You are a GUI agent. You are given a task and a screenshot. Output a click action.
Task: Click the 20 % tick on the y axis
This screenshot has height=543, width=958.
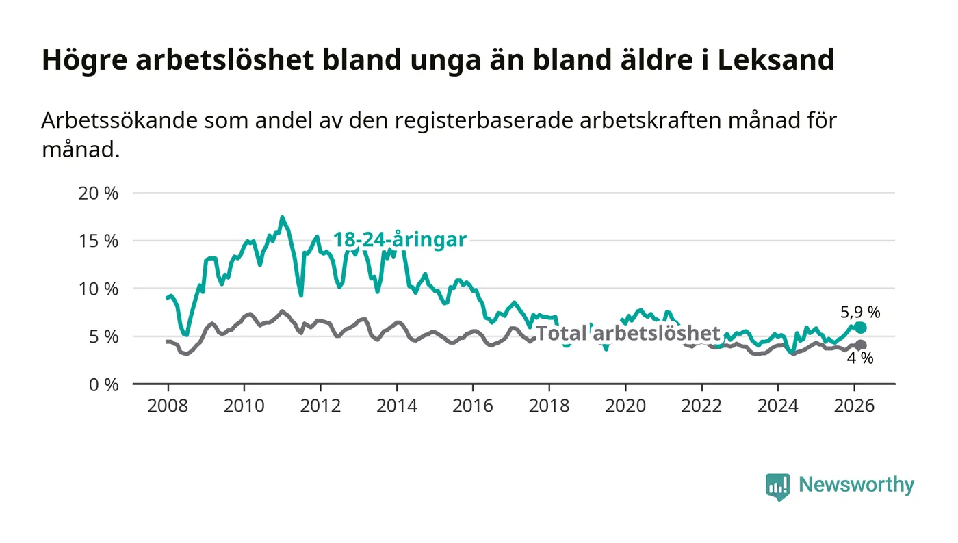coord(100,193)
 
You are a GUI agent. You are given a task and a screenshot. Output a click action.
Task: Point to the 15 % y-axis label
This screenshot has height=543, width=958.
coord(100,241)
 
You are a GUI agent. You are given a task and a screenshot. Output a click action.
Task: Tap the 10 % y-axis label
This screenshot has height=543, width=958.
coord(100,289)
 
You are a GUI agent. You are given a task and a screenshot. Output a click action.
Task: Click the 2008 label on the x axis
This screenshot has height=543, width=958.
coord(168,405)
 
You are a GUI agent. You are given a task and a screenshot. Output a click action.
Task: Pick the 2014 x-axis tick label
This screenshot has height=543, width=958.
coord(397,405)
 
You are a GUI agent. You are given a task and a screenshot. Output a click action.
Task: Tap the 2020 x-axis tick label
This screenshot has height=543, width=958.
coord(625,405)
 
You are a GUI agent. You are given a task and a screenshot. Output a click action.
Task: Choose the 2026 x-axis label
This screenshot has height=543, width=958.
coord(855,405)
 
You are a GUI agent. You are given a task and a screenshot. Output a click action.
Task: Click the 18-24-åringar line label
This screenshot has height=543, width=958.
coord(400,239)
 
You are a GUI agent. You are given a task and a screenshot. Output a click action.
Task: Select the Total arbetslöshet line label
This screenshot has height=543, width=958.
coord(627,334)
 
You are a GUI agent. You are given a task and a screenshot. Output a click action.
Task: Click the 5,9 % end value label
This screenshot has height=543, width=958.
coord(860,313)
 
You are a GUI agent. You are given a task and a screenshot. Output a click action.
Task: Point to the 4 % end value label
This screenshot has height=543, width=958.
coord(860,358)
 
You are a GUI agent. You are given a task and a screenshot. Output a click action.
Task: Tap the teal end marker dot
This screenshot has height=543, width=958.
coord(860,328)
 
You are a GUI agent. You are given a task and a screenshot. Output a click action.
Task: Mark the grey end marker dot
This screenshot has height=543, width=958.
coord(860,345)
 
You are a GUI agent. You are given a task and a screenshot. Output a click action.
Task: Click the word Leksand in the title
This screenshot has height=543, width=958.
coord(776,60)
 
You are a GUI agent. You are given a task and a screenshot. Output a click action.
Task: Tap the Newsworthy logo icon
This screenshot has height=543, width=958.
coord(777,486)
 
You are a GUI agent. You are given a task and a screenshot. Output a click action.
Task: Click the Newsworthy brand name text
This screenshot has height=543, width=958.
coord(856,485)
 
